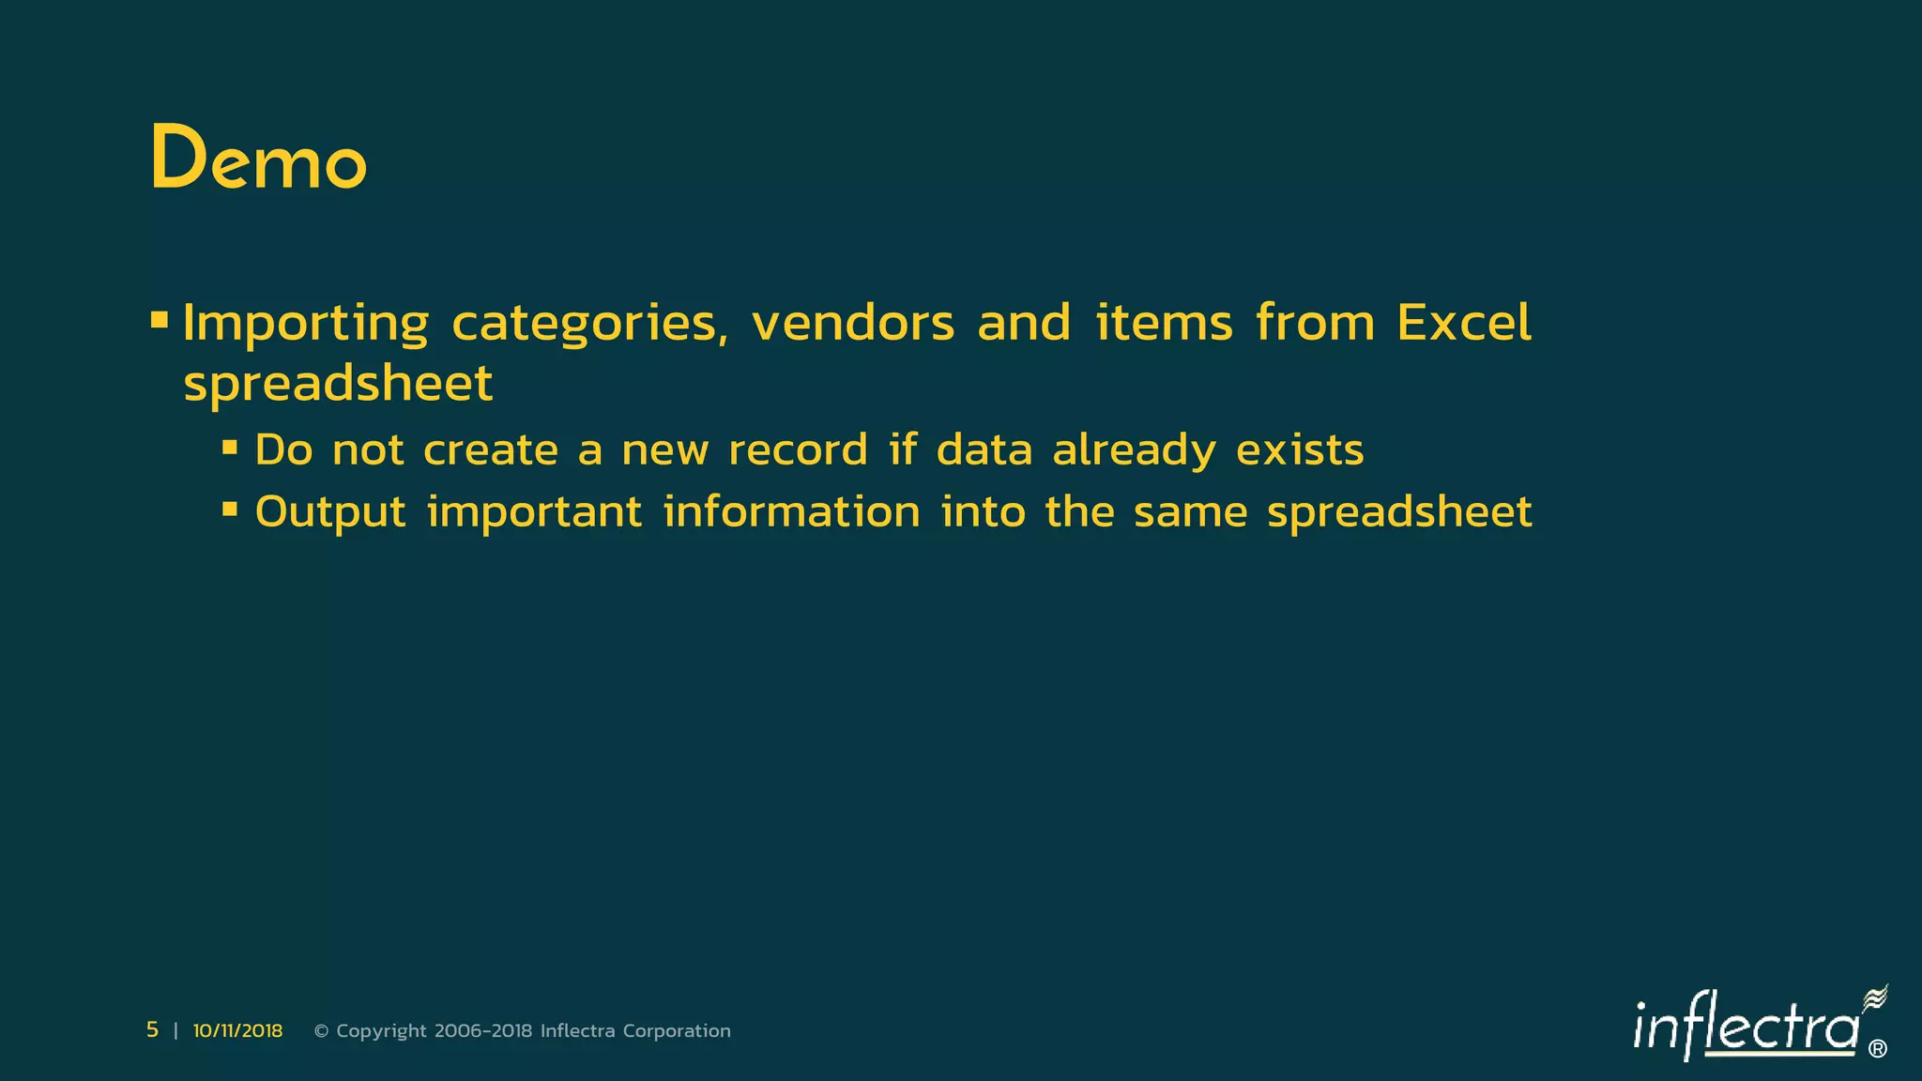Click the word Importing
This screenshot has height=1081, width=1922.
306,324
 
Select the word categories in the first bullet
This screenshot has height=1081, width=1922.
589,324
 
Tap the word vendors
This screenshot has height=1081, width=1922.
853,324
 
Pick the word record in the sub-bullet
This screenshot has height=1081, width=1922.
798,450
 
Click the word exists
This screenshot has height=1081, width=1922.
1300,450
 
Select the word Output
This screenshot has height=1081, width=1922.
330,512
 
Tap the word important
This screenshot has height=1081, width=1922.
534,512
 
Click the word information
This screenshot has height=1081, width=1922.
791,512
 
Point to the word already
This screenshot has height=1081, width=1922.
1134,451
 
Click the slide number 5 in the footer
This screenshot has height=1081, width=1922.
152,1029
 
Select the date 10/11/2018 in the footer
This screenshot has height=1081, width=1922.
237,1030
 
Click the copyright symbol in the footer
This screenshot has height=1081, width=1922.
321,1031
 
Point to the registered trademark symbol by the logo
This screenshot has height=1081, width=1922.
1877,1049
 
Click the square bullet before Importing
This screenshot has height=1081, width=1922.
160,321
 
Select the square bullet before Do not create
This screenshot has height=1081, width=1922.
230,448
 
